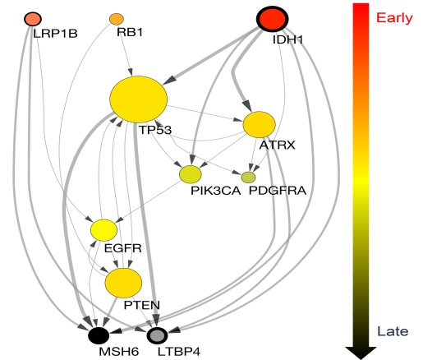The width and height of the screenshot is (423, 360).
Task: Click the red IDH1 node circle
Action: pos(272,19)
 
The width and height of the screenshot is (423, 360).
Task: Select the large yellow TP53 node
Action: pos(139,99)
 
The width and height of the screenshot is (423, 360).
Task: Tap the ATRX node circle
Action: pos(259,125)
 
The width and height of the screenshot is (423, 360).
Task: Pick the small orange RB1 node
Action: pos(117,19)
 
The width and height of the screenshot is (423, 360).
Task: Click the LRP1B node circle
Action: pos(33,19)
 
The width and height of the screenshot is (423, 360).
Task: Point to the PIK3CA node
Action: pos(191,174)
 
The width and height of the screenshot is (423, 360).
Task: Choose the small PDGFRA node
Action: pos(248,178)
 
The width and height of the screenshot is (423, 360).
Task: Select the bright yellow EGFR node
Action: pos(103,230)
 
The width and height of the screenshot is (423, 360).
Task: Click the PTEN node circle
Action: pos(123,283)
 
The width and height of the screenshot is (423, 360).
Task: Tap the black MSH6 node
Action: pos(99,335)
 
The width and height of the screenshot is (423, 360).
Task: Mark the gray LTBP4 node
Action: pos(157,335)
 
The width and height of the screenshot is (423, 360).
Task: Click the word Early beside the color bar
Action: pos(394,18)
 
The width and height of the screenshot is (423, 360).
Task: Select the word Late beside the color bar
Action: pos(393,331)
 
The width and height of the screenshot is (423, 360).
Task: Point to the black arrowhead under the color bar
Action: pos(361,353)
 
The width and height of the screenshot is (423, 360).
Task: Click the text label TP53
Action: pos(155,130)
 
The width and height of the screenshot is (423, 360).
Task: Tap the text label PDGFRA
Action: pos(278,191)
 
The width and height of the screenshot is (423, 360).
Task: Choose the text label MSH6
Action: pos(119,352)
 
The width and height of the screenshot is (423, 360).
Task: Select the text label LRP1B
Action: pos(55,34)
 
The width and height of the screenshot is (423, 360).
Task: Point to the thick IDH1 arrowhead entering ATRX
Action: pos(247,106)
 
